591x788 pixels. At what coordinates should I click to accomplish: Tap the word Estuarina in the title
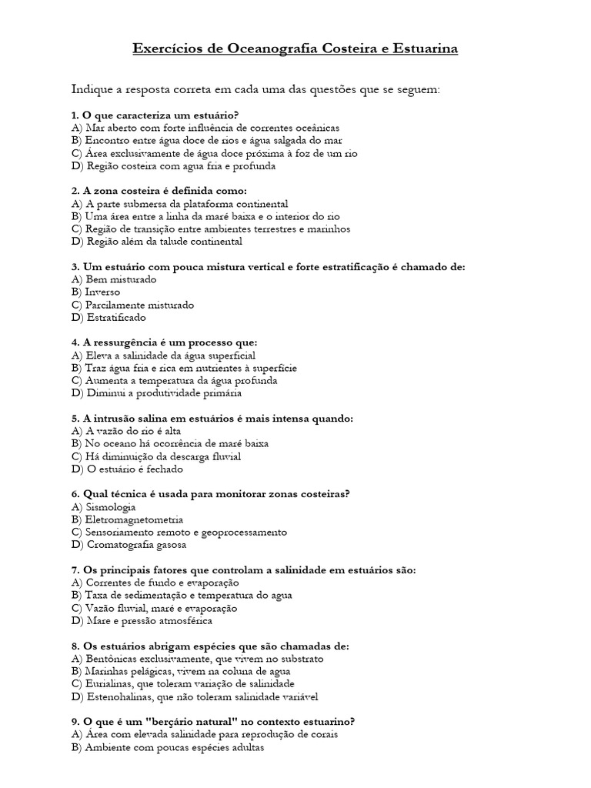[422, 49]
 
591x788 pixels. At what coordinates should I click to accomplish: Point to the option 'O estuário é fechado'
[132, 469]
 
